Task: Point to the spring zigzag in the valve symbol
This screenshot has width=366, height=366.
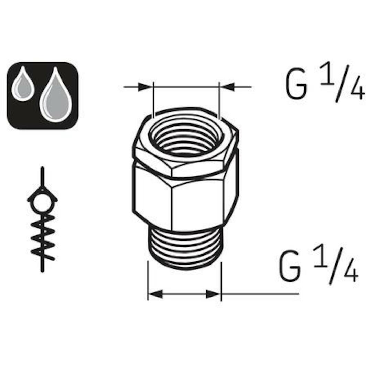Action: (43, 237)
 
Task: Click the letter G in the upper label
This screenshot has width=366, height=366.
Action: (296, 85)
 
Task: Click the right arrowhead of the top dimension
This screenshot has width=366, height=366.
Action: (227, 87)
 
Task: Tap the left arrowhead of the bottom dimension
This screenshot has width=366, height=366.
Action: (155, 294)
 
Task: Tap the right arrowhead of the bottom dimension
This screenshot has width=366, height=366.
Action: (213, 294)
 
